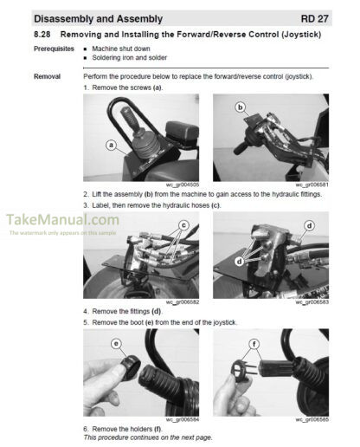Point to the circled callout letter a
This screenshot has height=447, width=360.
pos(111,146)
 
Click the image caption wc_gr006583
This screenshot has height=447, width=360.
pos(312,302)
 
